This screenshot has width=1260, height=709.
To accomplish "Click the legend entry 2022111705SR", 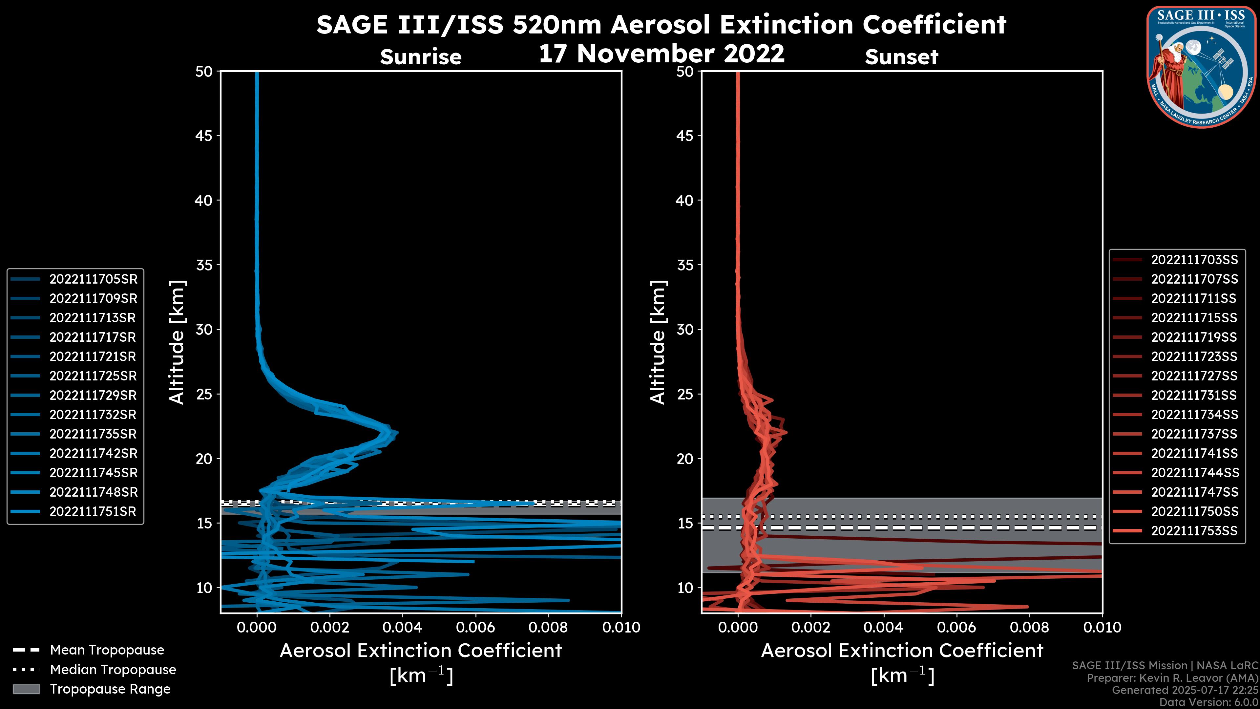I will click(x=93, y=279).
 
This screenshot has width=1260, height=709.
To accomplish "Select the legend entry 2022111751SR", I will click(x=93, y=512).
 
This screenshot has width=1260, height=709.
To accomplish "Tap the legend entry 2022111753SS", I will click(x=1194, y=531).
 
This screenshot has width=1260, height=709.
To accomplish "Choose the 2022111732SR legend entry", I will click(x=93, y=415).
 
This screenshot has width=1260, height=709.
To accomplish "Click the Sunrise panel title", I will click(x=421, y=57).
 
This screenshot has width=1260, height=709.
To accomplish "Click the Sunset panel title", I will click(x=901, y=57).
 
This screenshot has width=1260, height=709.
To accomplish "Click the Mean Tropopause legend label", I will click(x=107, y=650).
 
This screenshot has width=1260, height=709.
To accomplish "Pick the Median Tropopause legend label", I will click(x=113, y=670).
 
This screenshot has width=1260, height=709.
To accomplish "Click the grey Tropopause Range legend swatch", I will click(x=26, y=689).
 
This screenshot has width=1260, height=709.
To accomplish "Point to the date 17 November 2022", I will click(x=661, y=54).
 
